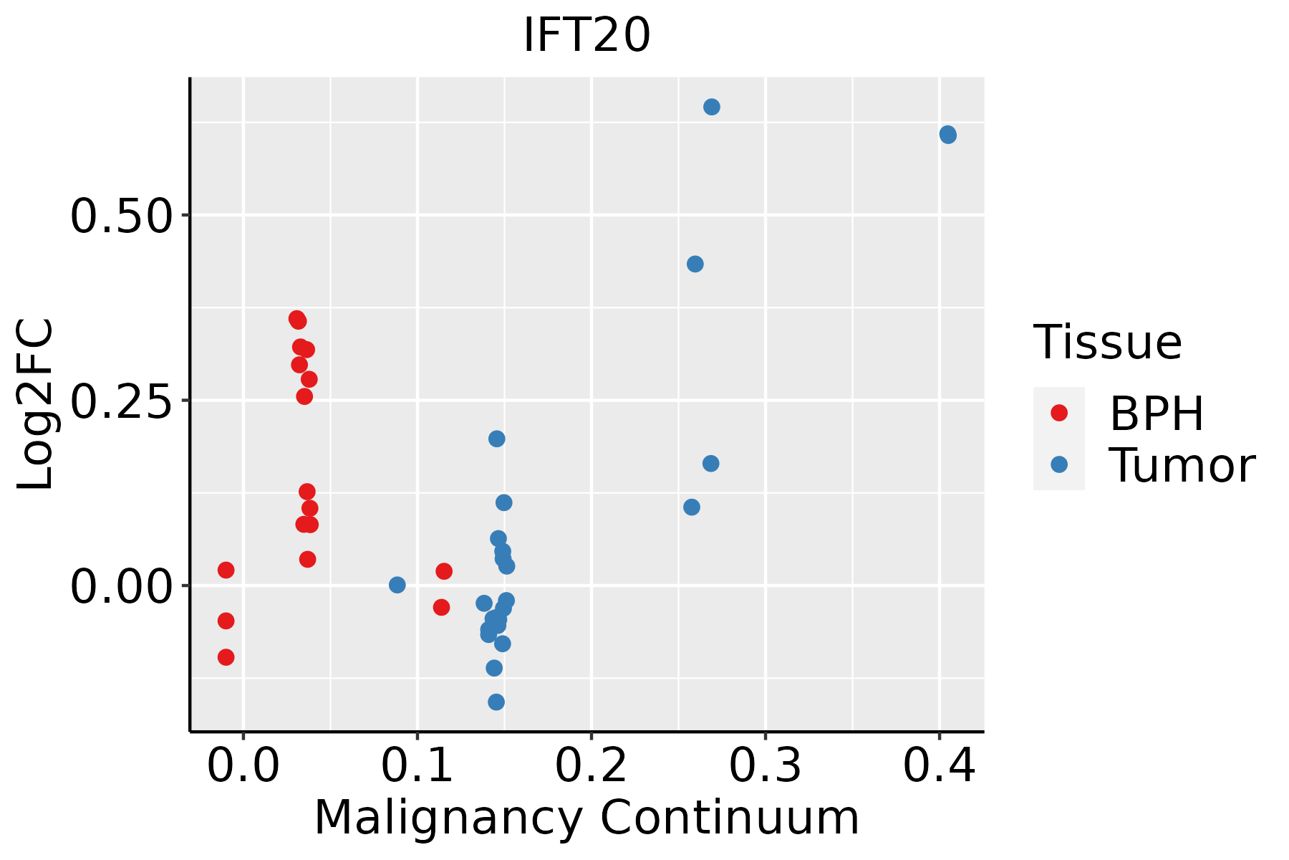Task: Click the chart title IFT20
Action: point(586,36)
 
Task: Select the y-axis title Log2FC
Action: point(36,404)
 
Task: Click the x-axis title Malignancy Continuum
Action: point(586,818)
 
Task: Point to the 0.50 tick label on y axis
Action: point(122,216)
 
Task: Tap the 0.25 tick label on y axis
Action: point(122,401)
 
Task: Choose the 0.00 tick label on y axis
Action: point(122,586)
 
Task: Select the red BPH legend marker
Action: point(1058,413)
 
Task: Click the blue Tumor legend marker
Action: point(1058,464)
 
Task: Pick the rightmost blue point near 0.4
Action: point(947,135)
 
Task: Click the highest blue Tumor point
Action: point(711,107)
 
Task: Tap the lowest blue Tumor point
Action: point(496,702)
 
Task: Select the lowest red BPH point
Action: point(226,657)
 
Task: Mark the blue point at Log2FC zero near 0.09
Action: point(397,585)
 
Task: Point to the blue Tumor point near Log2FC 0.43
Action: point(695,264)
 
